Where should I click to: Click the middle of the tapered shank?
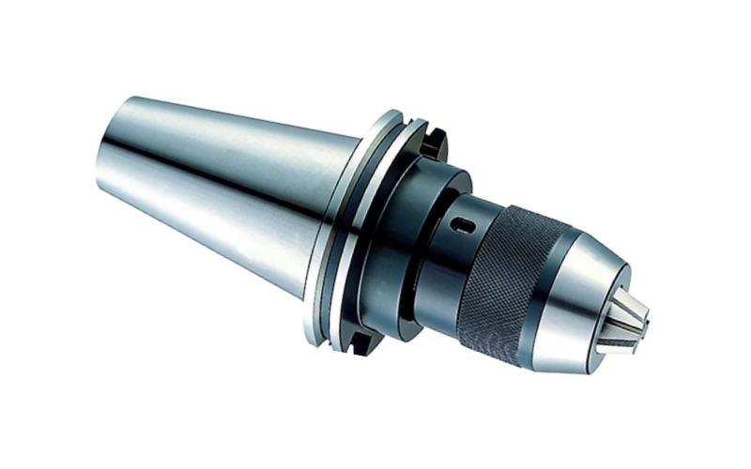[x=225, y=188]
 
